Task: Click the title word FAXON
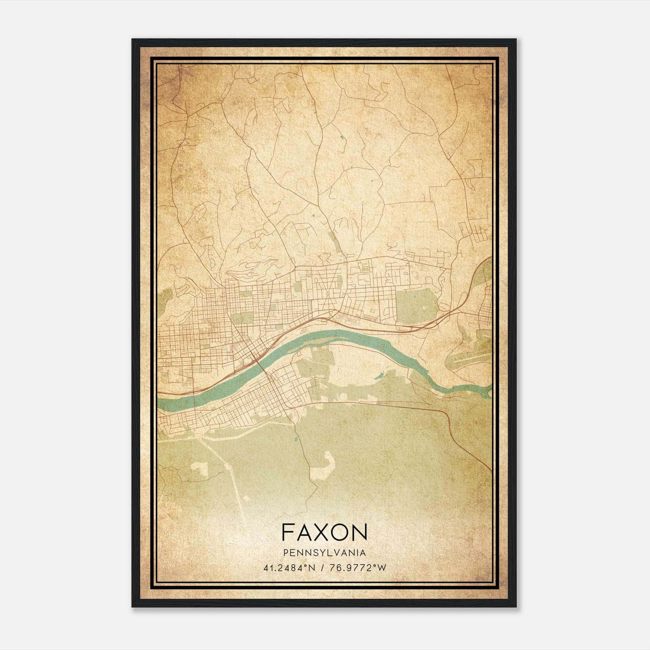324,532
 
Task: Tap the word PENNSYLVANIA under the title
324,553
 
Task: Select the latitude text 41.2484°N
289,568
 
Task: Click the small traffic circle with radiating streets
327,292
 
